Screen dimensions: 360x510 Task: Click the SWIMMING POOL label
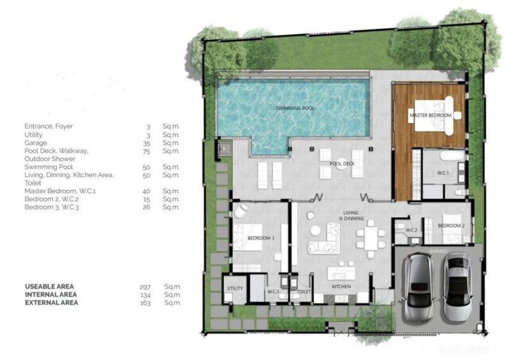pos(295,108)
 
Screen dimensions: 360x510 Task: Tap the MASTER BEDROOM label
pos(430,116)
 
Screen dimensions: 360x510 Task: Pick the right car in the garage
pos(457,286)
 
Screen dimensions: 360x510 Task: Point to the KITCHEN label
pos(341,287)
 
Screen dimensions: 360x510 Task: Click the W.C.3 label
pos(272,292)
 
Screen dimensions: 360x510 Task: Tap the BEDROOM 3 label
pos(261,238)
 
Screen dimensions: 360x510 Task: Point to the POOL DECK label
pos(342,164)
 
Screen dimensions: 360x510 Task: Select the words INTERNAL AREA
pos(50,295)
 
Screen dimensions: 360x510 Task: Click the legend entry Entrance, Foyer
pos(49,126)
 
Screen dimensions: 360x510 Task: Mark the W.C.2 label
pos(411,230)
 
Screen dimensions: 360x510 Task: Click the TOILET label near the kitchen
pos(304,292)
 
